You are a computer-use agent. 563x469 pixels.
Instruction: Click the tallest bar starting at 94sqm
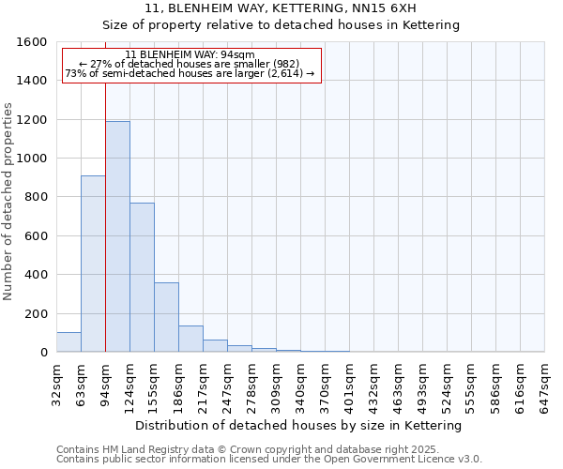(x=117, y=236)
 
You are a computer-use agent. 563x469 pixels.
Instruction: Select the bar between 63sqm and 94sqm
(x=93, y=264)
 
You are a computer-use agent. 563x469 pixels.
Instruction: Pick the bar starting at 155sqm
(x=166, y=317)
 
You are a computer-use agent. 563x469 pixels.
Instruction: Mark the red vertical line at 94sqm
(x=105, y=216)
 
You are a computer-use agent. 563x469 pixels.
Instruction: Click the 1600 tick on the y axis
(x=32, y=42)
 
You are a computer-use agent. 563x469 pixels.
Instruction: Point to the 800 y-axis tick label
(x=36, y=197)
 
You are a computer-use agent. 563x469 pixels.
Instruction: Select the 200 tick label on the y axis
(x=36, y=313)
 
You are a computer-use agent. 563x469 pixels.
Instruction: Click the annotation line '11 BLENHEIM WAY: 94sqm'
(x=190, y=54)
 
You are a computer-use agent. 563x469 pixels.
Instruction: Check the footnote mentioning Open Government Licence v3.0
(x=269, y=460)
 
